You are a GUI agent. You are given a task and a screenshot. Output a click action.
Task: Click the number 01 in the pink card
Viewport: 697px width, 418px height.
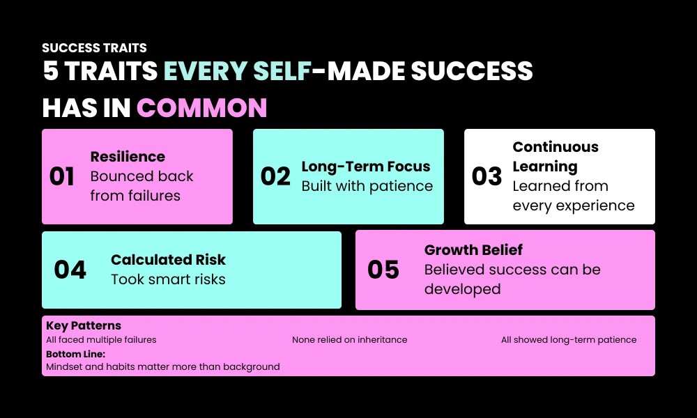[62, 176]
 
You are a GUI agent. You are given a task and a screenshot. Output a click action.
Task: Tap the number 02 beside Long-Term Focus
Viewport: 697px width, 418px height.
[275, 176]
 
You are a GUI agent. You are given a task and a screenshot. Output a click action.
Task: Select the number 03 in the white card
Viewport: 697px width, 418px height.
[487, 176]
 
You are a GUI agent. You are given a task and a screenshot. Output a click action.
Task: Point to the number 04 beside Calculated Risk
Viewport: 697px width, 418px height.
[70, 270]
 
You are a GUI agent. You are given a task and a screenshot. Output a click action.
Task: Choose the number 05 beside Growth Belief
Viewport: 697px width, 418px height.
[383, 270]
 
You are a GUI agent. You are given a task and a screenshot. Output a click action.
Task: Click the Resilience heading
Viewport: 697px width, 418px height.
[128, 156]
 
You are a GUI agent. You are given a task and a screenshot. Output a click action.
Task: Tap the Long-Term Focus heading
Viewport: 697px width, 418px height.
[366, 167]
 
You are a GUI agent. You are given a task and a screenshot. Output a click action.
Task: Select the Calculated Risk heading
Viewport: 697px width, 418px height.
[168, 259]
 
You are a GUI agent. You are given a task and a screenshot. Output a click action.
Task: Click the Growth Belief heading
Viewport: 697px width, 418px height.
[473, 249]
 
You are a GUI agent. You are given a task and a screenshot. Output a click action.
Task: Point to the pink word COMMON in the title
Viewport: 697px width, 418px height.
[202, 108]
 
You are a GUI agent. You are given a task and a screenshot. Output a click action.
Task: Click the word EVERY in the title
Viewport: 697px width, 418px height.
[206, 70]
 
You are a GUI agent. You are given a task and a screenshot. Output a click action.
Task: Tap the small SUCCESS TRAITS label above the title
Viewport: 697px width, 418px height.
[94, 48]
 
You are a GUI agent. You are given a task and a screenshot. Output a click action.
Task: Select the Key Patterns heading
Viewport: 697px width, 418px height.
[84, 325]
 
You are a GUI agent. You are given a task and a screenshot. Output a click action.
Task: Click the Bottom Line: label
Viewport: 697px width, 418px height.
[75, 354]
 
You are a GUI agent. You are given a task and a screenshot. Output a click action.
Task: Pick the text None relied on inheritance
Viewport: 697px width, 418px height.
[349, 340]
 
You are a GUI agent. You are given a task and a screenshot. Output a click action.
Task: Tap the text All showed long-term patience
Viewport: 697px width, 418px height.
[569, 340]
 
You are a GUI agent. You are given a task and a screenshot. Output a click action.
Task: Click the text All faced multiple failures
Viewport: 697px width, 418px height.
[101, 340]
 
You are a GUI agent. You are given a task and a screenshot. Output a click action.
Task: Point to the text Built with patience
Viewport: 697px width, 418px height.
[367, 186]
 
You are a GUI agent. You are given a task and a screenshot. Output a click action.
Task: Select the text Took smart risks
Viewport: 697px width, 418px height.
[168, 279]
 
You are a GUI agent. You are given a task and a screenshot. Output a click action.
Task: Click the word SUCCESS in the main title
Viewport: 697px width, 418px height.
[472, 70]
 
